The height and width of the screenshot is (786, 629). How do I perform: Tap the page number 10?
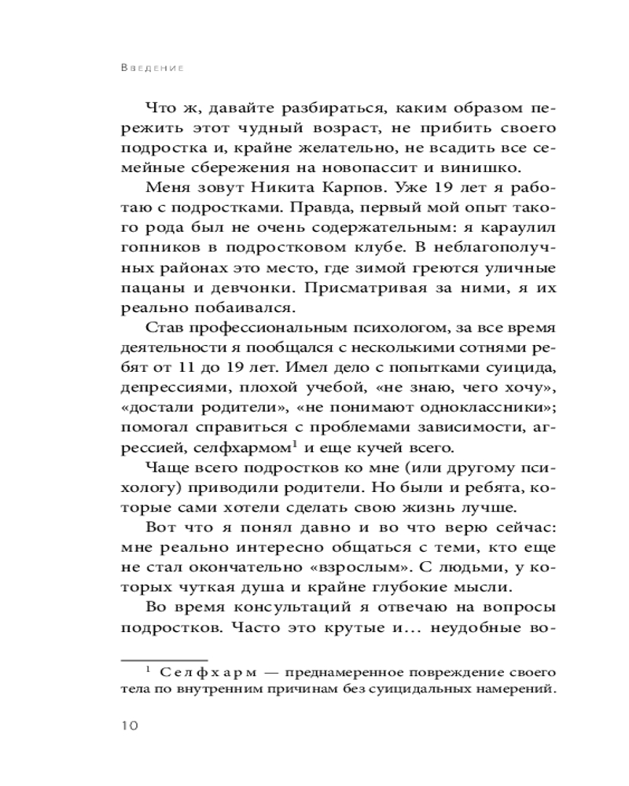click(128, 725)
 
